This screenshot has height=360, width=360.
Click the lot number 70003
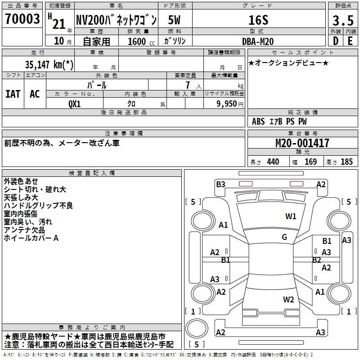[22, 19]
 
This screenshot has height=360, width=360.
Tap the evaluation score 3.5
[343, 20]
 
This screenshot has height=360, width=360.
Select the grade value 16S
[258, 20]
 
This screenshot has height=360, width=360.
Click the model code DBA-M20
[258, 41]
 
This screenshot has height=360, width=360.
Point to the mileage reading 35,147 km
[49, 64]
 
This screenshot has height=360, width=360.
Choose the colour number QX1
[75, 104]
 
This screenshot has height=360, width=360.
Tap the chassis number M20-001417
[302, 143]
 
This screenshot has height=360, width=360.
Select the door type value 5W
[174, 20]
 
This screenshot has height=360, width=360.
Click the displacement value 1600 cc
[141, 41]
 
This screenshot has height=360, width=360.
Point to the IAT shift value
[13, 94]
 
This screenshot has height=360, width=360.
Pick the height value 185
[346, 162]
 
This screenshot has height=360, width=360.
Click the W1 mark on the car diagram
[291, 216]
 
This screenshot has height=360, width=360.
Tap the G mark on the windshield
[284, 237]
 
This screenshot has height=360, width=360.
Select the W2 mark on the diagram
[288, 299]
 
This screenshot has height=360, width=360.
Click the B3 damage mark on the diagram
[220, 184]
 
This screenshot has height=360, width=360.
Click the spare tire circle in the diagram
[197, 328]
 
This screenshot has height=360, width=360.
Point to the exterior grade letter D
[336, 41]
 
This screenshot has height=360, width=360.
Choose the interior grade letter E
[350, 41]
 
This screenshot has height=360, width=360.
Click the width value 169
[310, 162]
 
